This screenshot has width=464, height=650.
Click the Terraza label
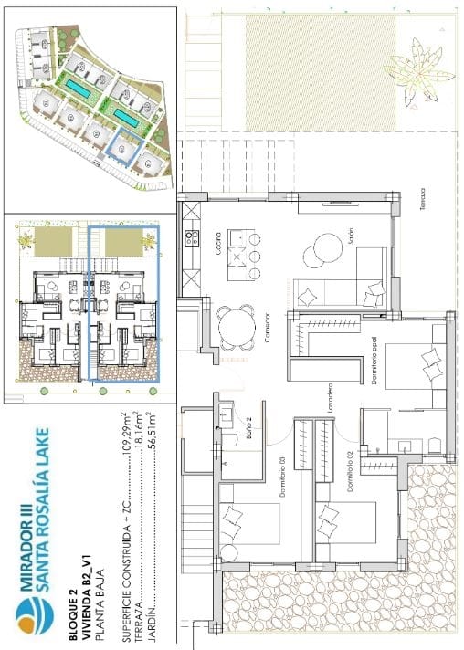422,200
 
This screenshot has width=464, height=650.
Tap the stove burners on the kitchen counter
193,239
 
